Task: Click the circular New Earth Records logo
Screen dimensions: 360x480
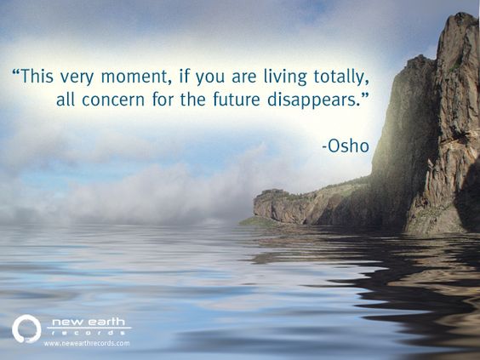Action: click(26, 329)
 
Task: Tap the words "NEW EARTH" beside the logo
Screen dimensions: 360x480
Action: click(88, 323)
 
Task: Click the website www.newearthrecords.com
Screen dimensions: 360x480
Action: click(87, 343)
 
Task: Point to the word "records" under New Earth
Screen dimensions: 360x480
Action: click(88, 333)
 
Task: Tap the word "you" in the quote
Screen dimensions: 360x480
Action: click(209, 76)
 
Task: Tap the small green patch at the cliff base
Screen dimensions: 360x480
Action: click(255, 221)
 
